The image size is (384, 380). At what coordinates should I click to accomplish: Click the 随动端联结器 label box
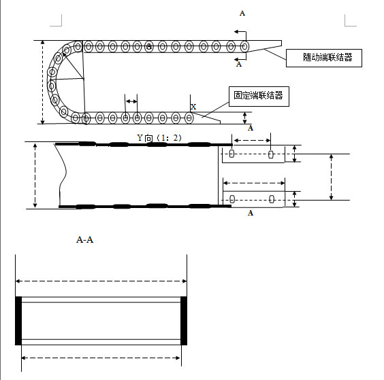point(324,58)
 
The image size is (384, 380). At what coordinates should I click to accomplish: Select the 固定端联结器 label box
point(259,97)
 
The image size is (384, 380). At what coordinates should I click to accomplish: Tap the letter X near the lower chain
point(193,107)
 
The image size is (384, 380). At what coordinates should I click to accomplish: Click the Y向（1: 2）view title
point(159,138)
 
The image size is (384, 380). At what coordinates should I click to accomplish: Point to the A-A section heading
point(84,239)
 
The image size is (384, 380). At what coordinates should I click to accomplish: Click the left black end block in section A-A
point(18,321)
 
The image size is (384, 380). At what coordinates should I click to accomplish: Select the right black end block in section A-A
point(184,321)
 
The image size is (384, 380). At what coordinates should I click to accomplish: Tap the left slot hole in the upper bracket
point(231,154)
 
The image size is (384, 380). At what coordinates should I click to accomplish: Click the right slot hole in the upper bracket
point(270,154)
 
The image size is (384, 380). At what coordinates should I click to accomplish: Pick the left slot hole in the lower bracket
point(232,199)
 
